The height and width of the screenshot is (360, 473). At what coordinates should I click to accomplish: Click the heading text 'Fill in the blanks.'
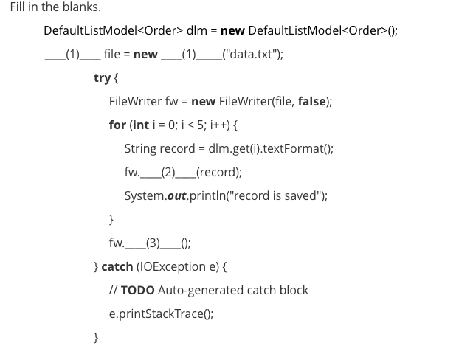[55, 7]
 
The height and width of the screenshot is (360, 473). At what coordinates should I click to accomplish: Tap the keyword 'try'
[102, 77]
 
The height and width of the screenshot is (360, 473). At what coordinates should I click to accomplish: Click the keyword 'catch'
[117, 266]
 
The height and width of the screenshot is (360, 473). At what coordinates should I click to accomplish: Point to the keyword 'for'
[117, 125]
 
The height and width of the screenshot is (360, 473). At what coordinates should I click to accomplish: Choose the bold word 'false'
[311, 101]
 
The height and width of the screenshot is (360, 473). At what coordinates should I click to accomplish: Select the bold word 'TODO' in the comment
[137, 290]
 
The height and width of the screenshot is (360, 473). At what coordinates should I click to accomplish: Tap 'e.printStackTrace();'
[161, 314]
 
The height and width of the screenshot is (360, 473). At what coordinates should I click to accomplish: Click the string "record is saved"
[276, 195]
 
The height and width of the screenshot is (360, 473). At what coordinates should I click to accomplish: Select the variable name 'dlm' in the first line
[196, 30]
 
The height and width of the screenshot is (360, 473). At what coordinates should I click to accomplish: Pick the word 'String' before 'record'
[140, 148]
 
